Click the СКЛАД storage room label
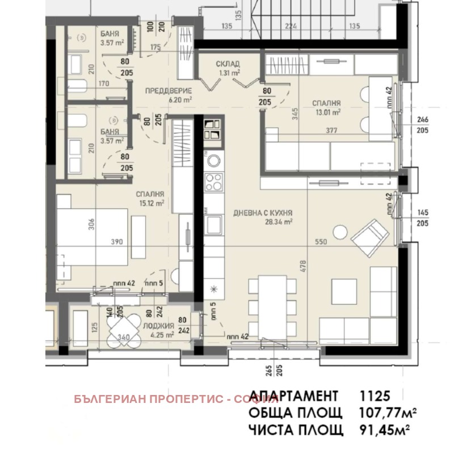(x=228, y=63)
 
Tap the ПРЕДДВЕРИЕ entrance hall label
(x=167, y=91)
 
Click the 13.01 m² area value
(x=328, y=112)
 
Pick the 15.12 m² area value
(x=150, y=202)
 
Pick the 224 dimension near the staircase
(x=291, y=26)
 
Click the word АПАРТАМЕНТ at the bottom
(x=293, y=396)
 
